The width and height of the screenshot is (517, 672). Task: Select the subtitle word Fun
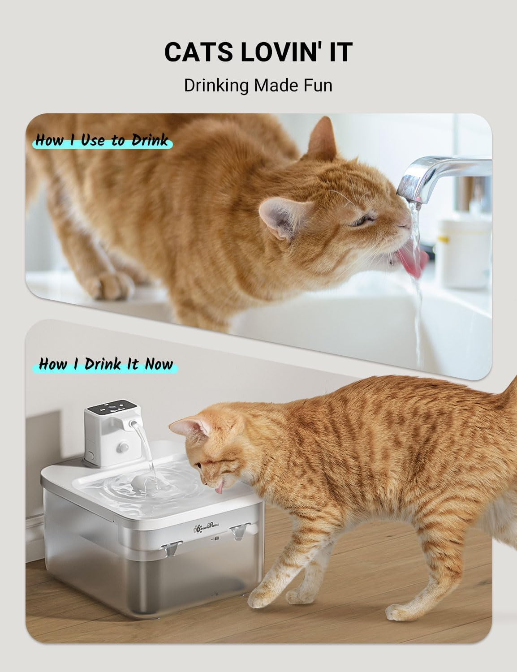pyautogui.click(x=318, y=85)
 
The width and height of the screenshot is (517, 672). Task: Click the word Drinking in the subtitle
pyautogui.click(x=215, y=85)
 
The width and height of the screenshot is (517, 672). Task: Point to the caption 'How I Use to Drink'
pyautogui.click(x=102, y=140)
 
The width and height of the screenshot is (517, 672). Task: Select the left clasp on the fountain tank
pyautogui.click(x=169, y=547)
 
